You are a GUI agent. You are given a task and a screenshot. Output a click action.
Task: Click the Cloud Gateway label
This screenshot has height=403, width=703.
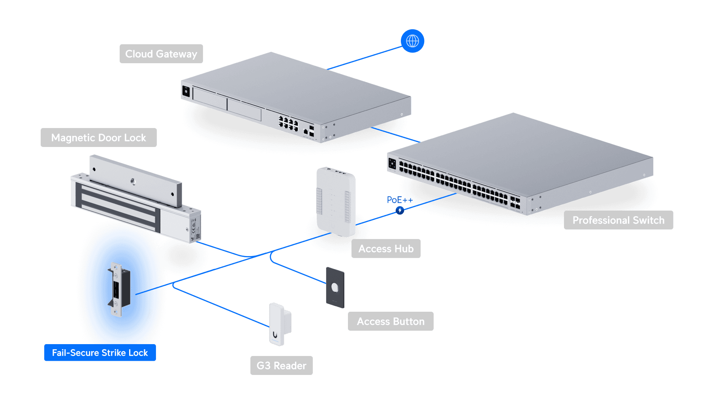click(161, 54)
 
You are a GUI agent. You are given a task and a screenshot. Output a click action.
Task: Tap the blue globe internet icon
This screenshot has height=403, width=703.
click(412, 41)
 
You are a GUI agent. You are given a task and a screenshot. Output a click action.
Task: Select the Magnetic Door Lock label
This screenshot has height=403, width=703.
click(98, 137)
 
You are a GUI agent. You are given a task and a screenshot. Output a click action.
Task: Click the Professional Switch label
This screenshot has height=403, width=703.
click(618, 220)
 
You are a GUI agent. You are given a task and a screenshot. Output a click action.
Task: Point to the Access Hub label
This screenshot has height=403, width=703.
click(386, 249)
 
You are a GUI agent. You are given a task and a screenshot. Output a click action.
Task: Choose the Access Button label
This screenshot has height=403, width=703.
click(390, 321)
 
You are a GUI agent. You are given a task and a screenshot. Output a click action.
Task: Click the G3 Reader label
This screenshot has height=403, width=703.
click(281, 365)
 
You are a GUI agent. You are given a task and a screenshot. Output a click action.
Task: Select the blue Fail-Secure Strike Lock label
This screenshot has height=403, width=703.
click(100, 352)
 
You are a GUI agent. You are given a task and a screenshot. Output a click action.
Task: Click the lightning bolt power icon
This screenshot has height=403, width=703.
click(400, 210)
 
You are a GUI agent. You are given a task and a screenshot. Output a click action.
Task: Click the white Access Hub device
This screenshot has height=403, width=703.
click(336, 201)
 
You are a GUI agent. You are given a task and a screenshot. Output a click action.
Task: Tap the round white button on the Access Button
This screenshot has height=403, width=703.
click(335, 288)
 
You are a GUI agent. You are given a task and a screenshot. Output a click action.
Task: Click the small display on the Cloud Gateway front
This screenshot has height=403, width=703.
click(186, 91)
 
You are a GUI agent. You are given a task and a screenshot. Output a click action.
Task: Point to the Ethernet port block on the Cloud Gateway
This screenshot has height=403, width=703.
click(288, 123)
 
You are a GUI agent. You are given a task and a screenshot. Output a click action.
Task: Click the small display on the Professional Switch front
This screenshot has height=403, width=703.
click(392, 163)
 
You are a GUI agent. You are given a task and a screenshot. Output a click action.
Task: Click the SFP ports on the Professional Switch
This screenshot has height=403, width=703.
click(515, 202)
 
